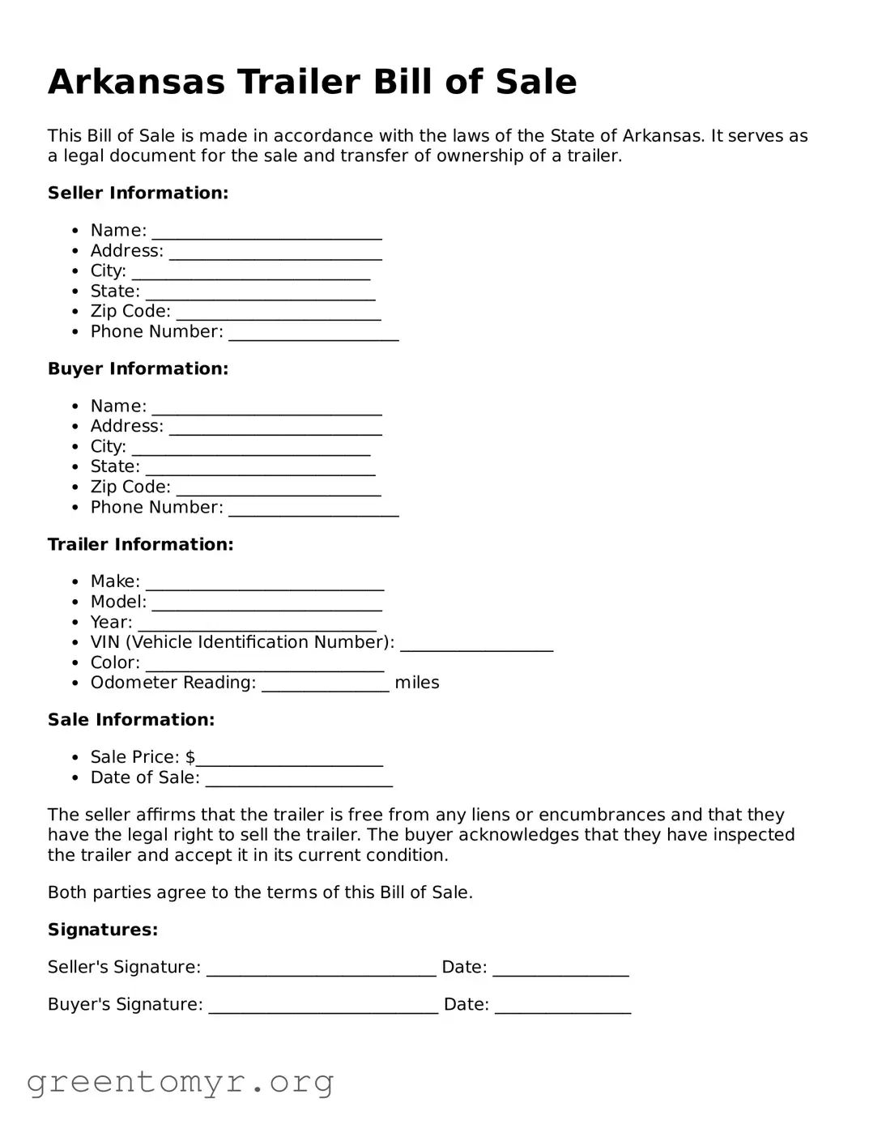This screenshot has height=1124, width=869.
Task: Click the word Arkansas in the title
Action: (136, 82)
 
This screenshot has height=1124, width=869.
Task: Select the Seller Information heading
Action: (138, 193)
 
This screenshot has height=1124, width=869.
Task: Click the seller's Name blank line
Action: (266, 232)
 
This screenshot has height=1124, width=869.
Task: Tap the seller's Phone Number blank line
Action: (313, 334)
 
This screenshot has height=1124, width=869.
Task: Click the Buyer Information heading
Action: (138, 368)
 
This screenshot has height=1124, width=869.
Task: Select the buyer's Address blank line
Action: (275, 428)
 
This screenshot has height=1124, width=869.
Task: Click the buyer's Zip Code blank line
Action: (278, 489)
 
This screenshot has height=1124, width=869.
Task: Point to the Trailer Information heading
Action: (140, 544)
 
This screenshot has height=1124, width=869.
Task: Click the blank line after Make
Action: (264, 584)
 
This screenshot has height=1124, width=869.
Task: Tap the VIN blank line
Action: (476, 645)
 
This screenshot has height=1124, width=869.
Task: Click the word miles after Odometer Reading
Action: (416, 683)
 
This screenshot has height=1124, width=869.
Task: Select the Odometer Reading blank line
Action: (325, 685)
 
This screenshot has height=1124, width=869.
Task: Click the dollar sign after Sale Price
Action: (190, 757)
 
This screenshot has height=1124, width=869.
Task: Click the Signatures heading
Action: (103, 930)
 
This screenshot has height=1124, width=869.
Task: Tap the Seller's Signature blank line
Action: (321, 969)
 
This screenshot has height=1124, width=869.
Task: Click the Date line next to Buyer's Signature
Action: (562, 1007)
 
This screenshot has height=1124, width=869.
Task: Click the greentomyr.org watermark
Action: (180, 1082)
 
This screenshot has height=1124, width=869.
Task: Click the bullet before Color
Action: (75, 663)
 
